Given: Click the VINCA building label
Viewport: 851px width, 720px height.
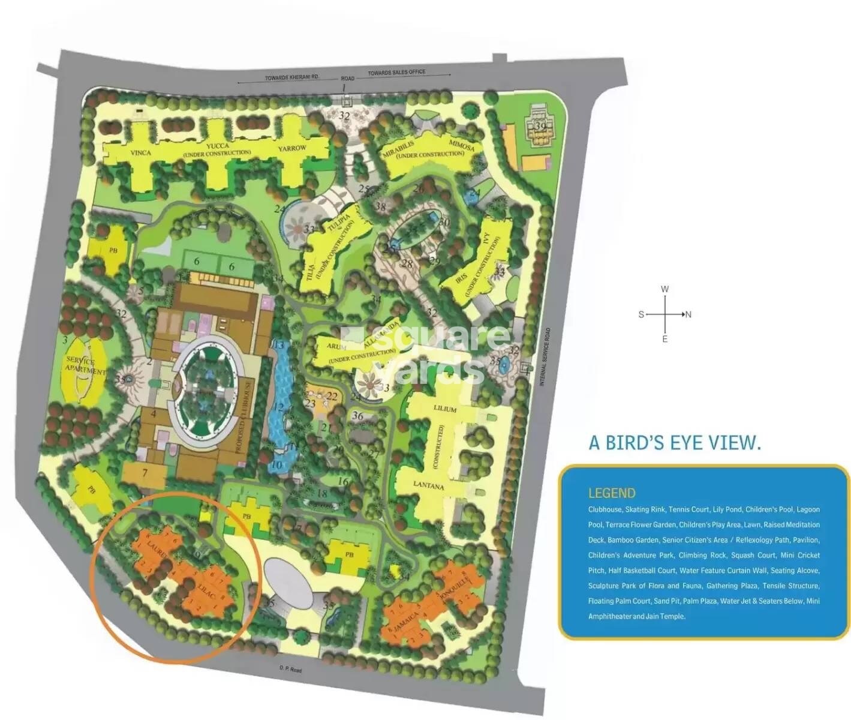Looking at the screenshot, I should pyautogui.click(x=140, y=153).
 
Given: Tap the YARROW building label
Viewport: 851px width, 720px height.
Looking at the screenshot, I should pyautogui.click(x=292, y=148).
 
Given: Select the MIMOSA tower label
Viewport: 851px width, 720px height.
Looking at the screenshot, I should pyautogui.click(x=462, y=145).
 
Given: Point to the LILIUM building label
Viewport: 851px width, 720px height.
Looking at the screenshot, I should pyautogui.click(x=445, y=409).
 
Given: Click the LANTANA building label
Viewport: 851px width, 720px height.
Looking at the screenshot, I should pyautogui.click(x=428, y=485).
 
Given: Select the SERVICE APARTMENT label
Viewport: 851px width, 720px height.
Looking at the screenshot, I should pyautogui.click(x=85, y=365).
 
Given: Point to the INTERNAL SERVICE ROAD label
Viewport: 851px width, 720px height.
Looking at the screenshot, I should pyautogui.click(x=546, y=356).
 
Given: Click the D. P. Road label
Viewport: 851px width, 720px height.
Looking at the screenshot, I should pyautogui.click(x=290, y=669).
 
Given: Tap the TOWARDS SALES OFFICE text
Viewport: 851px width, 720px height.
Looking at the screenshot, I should pyautogui.click(x=396, y=73).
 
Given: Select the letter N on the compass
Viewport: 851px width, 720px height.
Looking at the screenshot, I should pyautogui.click(x=688, y=314).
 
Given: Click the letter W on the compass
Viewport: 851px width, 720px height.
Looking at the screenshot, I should pyautogui.click(x=664, y=289).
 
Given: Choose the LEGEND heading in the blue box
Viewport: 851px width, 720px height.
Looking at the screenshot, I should pyautogui.click(x=611, y=493).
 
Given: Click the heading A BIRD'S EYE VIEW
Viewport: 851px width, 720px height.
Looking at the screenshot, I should pyautogui.click(x=675, y=443).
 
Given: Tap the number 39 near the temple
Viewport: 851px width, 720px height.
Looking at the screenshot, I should pyautogui.click(x=541, y=126).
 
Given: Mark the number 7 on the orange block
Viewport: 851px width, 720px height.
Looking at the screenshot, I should pyautogui.click(x=145, y=473).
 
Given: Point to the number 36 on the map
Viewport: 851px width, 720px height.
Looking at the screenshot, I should pyautogui.click(x=357, y=416).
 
